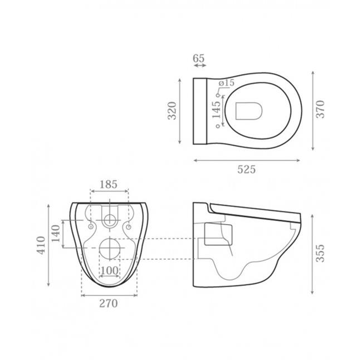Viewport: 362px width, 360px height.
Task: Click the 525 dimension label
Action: (246, 170)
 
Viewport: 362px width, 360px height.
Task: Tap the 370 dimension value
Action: (320, 109)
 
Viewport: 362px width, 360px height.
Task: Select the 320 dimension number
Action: (172, 111)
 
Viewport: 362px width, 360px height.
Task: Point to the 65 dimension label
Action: (199, 58)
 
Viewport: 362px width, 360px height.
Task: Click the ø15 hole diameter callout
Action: (226, 83)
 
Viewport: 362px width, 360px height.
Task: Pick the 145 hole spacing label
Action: (217, 110)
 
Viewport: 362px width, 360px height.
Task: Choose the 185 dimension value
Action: (109, 185)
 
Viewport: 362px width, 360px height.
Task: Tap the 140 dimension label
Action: (56, 233)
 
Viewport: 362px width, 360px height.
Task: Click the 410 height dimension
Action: (42, 245)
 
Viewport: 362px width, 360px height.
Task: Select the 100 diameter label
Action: (109, 271)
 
